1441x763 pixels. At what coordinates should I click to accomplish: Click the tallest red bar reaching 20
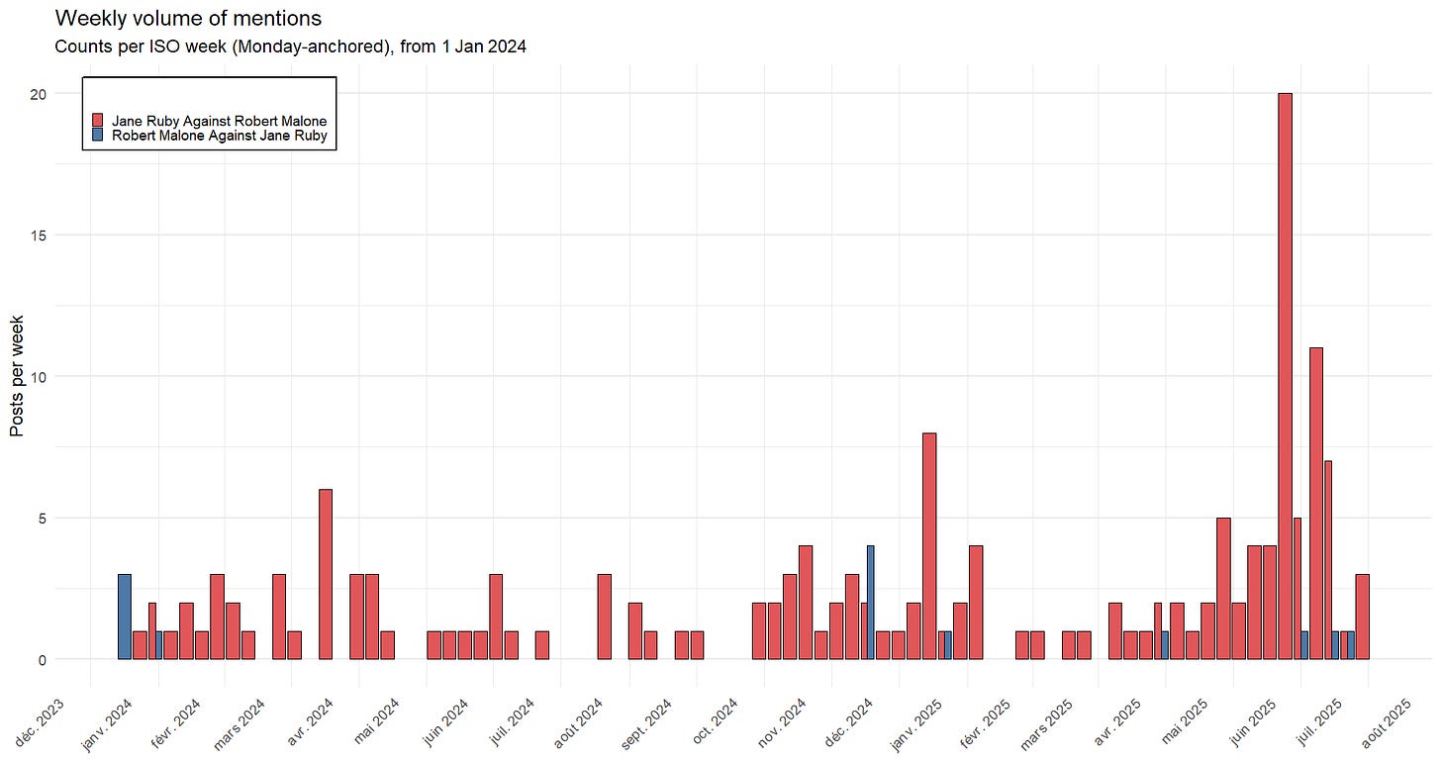tap(1285, 376)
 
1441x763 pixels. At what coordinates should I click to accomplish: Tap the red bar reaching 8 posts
tap(929, 545)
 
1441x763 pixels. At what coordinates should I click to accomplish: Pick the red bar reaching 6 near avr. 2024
tap(326, 574)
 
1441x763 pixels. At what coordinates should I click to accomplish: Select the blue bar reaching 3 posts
tap(125, 617)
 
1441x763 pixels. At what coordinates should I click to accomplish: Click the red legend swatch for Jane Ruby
tap(97, 121)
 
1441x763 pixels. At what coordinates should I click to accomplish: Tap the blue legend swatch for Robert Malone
tap(97, 136)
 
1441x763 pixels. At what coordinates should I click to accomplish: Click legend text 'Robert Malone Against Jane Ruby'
tap(219, 136)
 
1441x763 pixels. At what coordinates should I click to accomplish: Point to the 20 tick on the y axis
tap(37, 93)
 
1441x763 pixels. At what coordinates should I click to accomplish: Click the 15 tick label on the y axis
tap(37, 235)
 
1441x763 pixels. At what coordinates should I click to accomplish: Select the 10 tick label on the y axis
tap(37, 376)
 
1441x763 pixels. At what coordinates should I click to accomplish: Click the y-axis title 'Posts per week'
tap(17, 376)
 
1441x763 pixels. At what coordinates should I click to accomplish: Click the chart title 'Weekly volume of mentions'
tap(188, 18)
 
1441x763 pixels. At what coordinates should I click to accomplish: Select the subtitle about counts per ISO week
tap(290, 47)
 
